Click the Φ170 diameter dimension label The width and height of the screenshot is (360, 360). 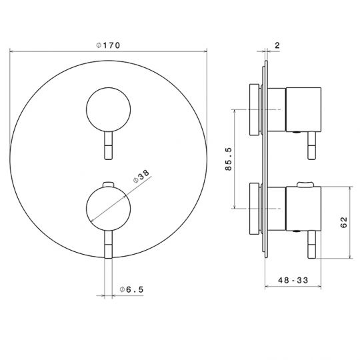point(108,45)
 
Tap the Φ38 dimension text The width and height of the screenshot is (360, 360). point(141,176)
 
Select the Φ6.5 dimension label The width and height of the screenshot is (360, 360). point(131,289)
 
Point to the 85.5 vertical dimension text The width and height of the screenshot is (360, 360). point(229,159)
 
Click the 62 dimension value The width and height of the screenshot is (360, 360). point(344,222)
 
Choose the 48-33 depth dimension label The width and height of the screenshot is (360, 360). point(293,280)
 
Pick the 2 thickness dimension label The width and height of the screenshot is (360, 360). point(277,45)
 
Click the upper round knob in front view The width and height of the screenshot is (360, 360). point(109,109)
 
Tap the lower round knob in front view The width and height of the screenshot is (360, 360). point(109,208)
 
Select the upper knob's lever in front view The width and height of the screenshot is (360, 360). point(109,145)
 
